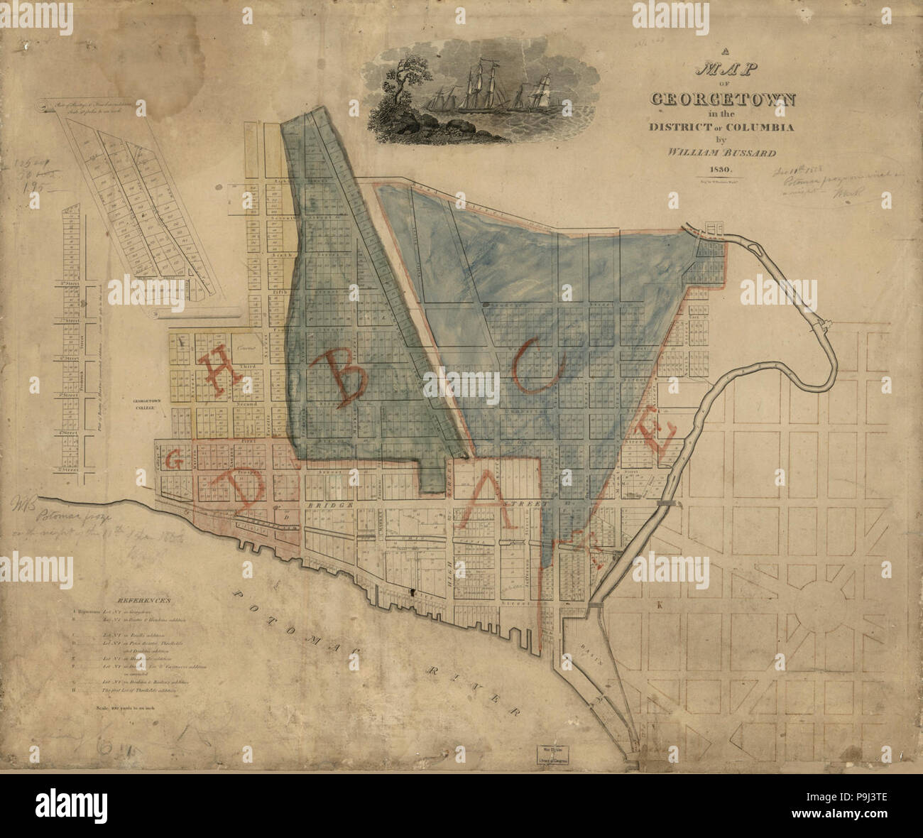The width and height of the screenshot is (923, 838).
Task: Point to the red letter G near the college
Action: tap(173, 460)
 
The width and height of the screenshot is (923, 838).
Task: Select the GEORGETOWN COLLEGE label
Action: tap(145, 405)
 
